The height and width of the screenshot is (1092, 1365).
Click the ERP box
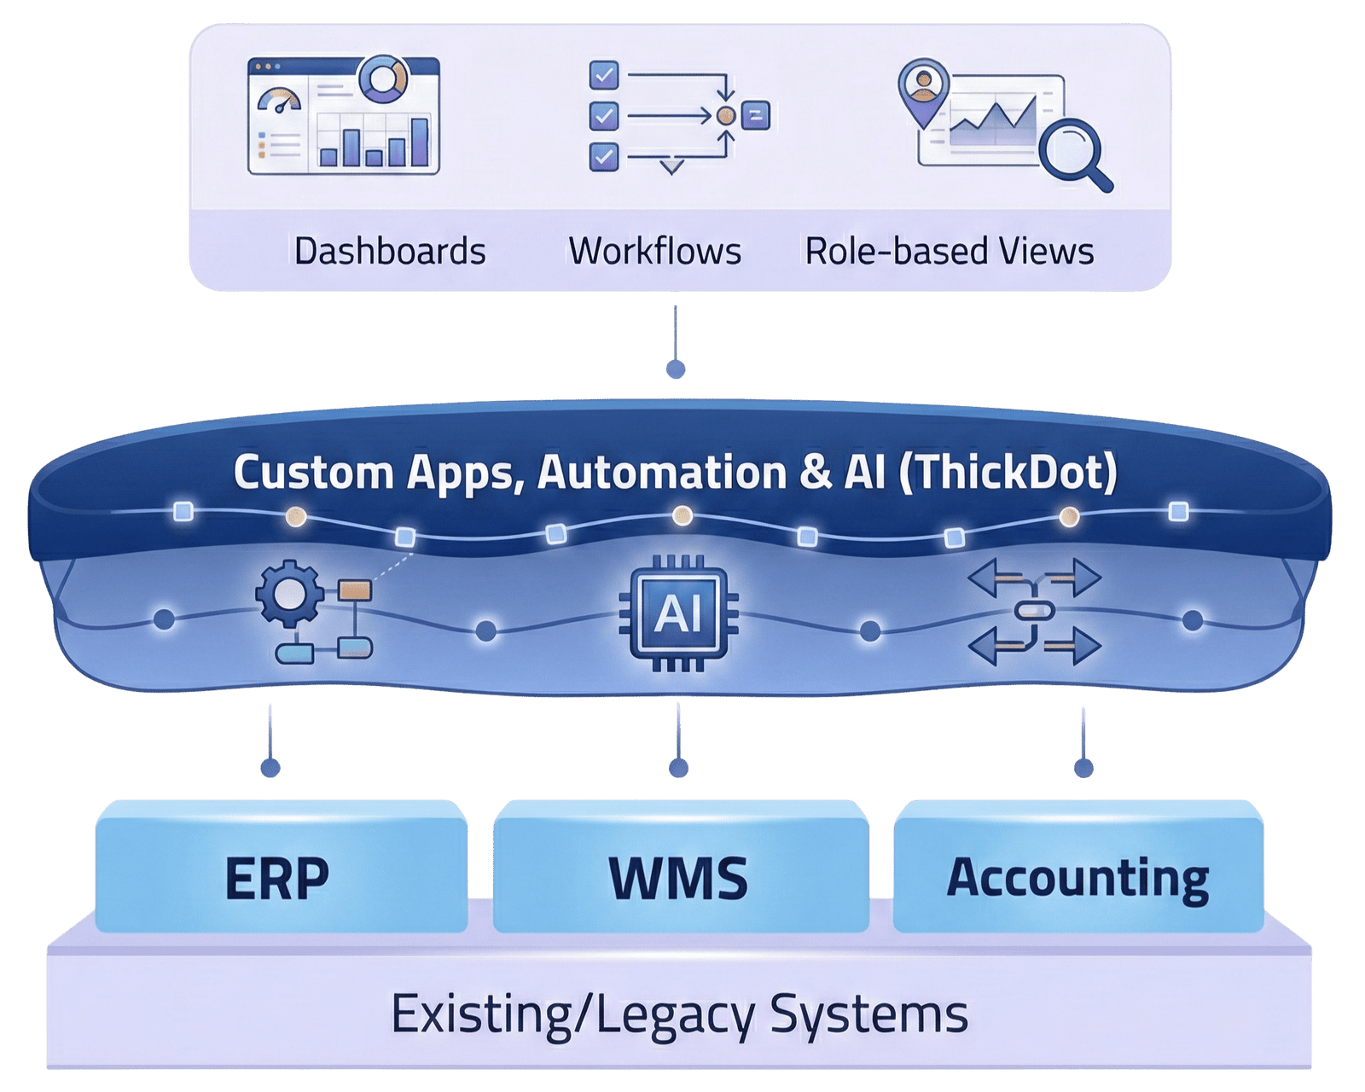[280, 866]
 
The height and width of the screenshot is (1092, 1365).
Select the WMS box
[680, 866]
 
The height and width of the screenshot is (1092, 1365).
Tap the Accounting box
[1077, 866]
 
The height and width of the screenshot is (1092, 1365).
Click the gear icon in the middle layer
[288, 595]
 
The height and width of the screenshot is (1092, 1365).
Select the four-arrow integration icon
[1035, 612]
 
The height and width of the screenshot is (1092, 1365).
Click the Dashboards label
[390, 252]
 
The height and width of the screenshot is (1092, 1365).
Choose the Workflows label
[654, 252]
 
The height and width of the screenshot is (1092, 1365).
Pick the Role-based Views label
[949, 252]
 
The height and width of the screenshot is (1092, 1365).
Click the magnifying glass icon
[1077, 154]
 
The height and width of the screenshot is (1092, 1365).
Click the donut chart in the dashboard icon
[382, 79]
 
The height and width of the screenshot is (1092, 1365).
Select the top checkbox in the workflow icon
[604, 76]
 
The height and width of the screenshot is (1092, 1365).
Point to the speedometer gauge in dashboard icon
[279, 102]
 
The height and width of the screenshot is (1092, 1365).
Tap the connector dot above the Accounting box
[1083, 769]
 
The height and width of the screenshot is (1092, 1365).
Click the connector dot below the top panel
[676, 369]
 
